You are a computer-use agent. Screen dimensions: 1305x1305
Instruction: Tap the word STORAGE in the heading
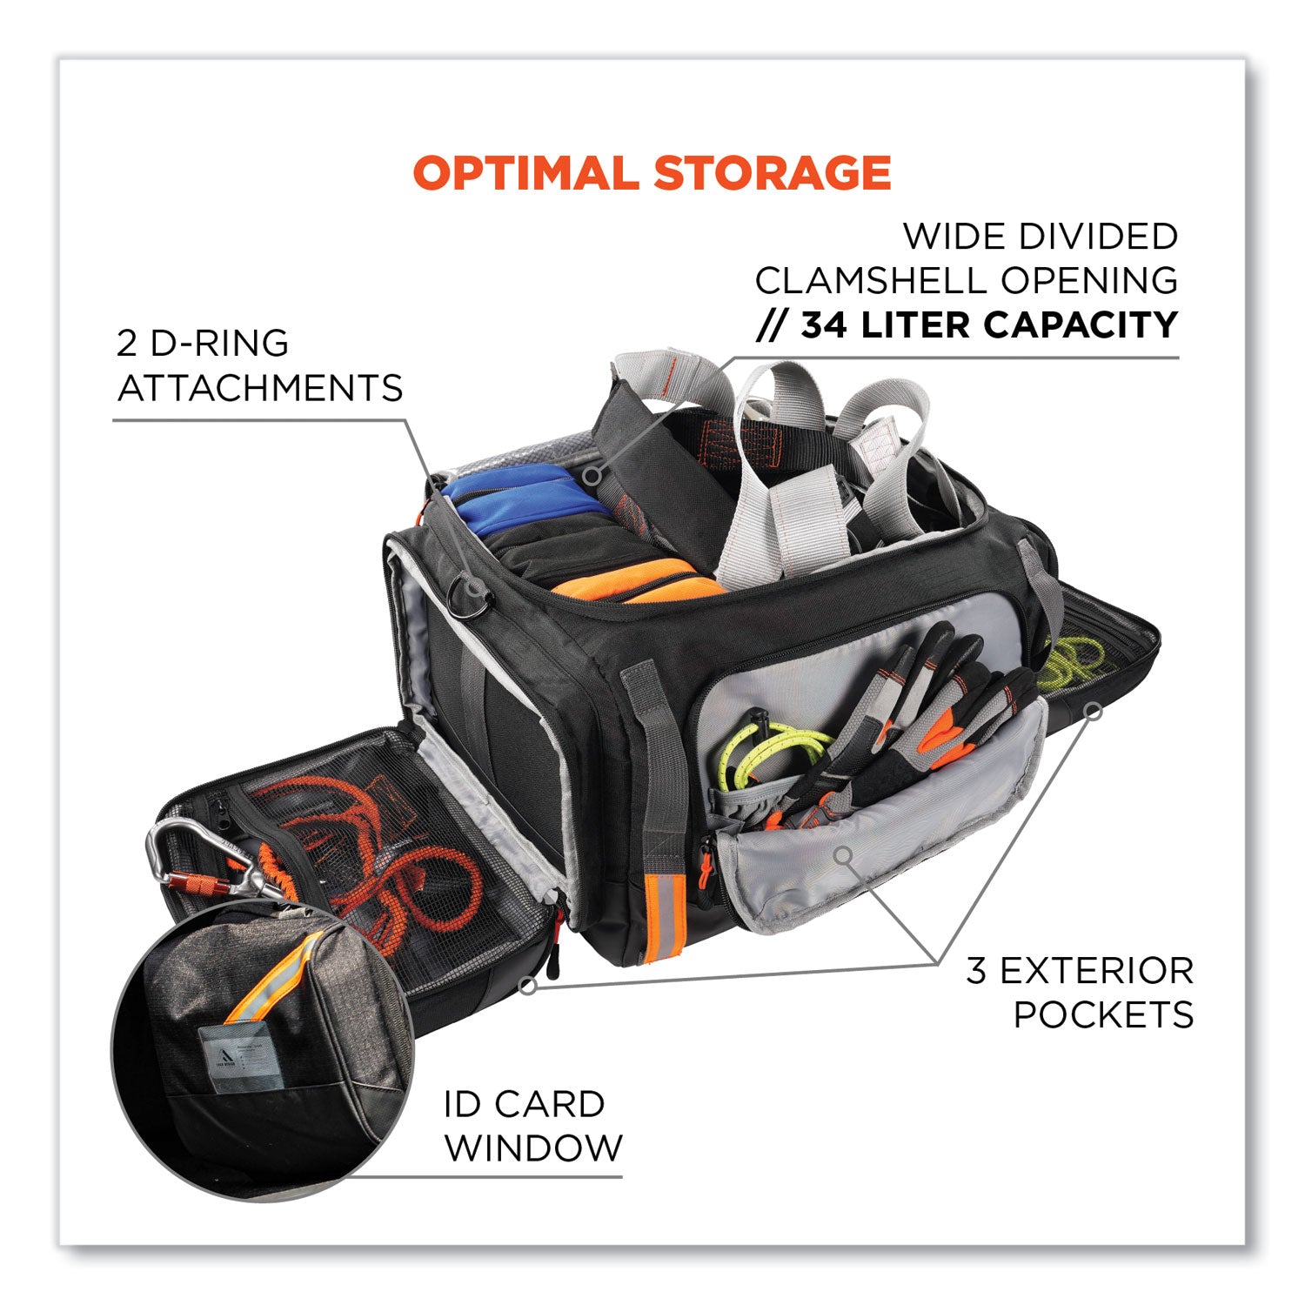(773, 172)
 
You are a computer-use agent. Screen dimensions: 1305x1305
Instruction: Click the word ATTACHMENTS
(260, 388)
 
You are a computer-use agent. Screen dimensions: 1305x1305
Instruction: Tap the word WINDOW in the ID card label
(533, 1148)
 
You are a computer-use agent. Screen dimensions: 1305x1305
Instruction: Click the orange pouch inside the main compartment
(639, 580)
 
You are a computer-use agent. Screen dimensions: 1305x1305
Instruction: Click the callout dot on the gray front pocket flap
(842, 855)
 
